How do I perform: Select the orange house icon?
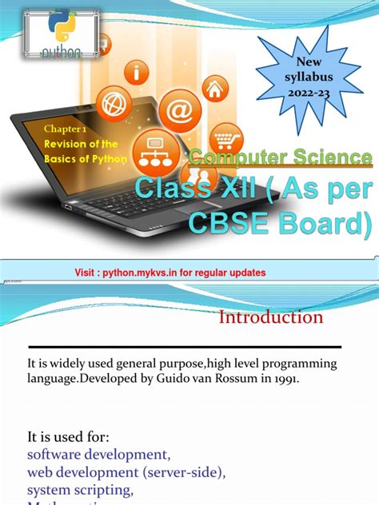[x=214, y=88]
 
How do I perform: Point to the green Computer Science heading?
[x=281, y=157]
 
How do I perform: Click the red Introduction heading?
[x=271, y=317]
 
